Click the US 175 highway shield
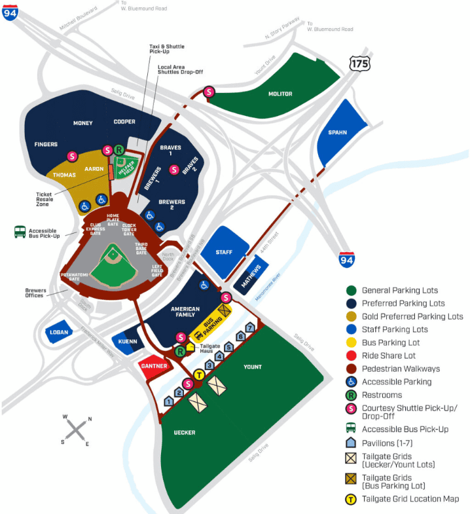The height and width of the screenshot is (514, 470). tap(359, 63)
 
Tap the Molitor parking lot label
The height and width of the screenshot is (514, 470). tap(280, 94)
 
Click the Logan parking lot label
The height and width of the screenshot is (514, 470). tap(58, 332)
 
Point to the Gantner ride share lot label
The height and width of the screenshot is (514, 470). tap(154, 367)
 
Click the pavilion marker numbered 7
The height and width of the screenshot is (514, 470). tap(249, 327)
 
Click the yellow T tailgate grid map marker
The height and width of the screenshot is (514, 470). tap(199, 374)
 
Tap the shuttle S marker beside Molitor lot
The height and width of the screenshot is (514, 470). tap(209, 92)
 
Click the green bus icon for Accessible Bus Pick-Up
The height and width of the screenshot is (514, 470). tap(20, 231)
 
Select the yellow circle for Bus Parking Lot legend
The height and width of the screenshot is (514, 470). tap(352, 342)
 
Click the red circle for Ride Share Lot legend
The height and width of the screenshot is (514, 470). tap(352, 356)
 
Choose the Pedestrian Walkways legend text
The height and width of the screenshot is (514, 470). tap(401, 369)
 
